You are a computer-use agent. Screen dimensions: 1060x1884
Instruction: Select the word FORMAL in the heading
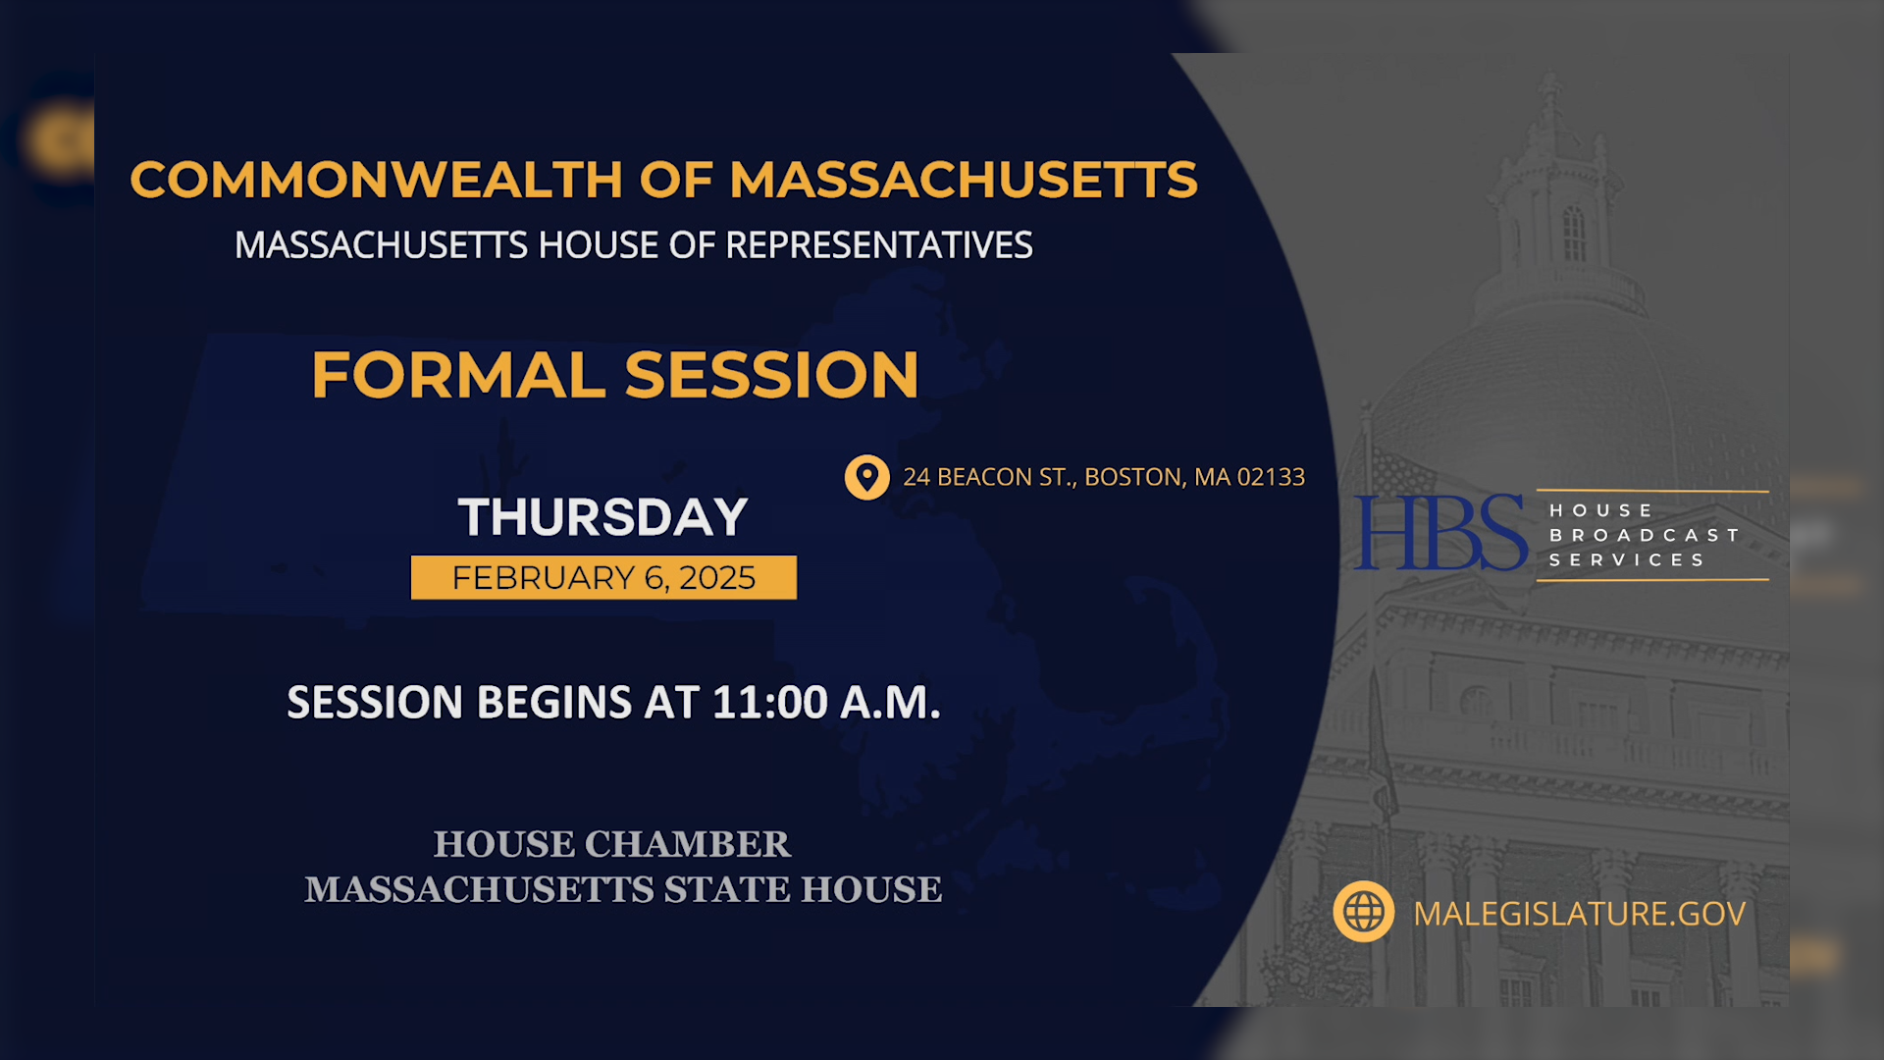click(x=458, y=376)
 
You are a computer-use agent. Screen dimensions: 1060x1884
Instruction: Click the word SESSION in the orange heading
click(x=771, y=376)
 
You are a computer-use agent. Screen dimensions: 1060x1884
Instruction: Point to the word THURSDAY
click(x=602, y=517)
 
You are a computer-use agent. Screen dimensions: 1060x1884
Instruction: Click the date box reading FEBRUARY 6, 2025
click(x=603, y=578)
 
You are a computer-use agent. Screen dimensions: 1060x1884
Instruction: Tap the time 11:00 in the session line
click(x=770, y=703)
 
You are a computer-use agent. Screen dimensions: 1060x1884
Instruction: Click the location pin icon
click(x=866, y=478)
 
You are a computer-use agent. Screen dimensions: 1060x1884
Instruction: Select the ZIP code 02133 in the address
click(x=1271, y=477)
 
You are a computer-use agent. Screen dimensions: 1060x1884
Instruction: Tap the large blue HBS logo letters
click(x=1439, y=533)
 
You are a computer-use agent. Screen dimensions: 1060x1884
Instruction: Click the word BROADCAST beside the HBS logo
click(x=1644, y=535)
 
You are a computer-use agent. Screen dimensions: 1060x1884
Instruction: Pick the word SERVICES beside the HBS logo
click(x=1627, y=559)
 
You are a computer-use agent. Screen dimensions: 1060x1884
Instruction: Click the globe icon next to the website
click(x=1363, y=912)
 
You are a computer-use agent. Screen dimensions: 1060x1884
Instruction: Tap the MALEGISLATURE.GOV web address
click(x=1579, y=914)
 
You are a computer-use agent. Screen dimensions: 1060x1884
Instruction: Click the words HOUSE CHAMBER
click(x=611, y=844)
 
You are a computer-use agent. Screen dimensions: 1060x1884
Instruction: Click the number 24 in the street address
click(x=916, y=477)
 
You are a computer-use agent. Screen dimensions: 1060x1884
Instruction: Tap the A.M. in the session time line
click(x=891, y=703)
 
